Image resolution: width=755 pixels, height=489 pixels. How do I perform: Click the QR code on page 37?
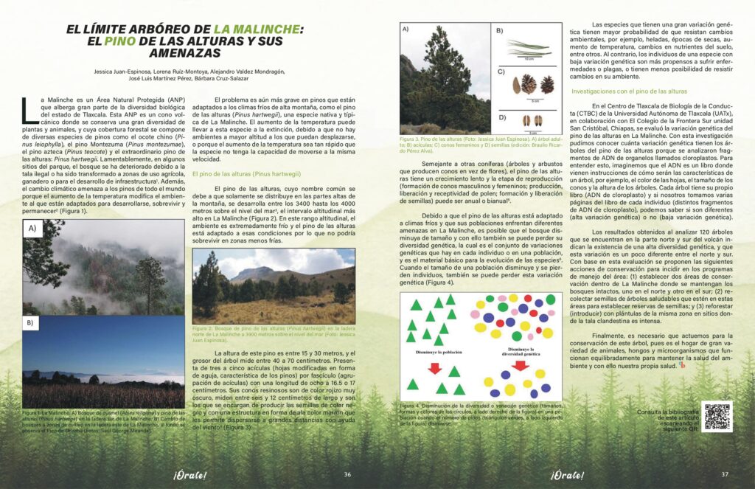coord(717,417)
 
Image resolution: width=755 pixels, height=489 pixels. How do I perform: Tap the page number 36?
coord(347,474)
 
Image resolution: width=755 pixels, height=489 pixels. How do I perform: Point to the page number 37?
coord(725,474)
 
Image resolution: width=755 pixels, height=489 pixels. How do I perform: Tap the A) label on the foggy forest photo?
coord(32,229)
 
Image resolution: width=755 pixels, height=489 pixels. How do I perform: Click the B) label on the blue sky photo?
coord(30,323)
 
